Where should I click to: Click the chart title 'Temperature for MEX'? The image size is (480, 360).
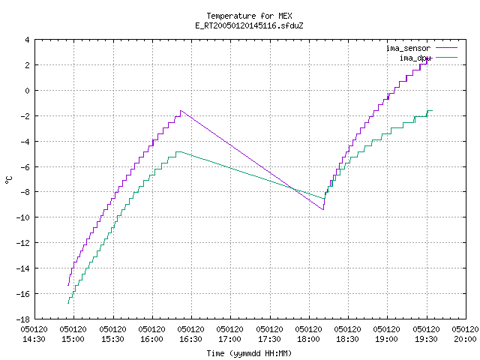point(249,16)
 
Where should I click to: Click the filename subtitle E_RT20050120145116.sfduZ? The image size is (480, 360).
point(249,25)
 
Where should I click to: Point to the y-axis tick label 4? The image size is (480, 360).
point(28,40)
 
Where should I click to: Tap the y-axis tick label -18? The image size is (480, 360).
point(23,319)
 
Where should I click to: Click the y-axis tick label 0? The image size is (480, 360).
point(28,91)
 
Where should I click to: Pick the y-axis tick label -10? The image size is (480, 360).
point(23,217)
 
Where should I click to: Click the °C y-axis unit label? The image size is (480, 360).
point(8,180)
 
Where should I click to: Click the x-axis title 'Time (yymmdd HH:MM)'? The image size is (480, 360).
point(249,353)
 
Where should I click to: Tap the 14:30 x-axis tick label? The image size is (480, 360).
point(34,334)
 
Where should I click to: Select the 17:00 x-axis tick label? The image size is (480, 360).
point(230,334)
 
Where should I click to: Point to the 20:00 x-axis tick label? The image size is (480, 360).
point(465,334)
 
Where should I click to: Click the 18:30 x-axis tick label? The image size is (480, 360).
point(348,334)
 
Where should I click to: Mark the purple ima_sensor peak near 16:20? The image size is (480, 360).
point(181,110)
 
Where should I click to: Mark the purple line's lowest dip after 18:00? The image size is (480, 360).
point(323,209)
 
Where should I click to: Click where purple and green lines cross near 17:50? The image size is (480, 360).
point(294,189)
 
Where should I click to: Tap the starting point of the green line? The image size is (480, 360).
point(68,303)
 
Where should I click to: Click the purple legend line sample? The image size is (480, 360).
point(446,48)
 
